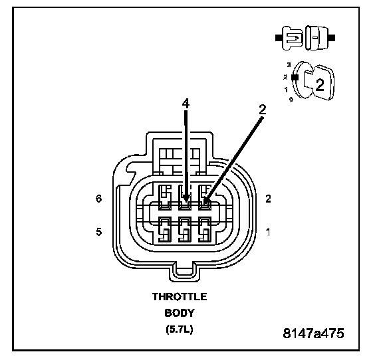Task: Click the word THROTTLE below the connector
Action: pyautogui.click(x=180, y=297)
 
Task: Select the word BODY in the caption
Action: pyautogui.click(x=180, y=313)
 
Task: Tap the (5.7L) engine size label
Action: pyautogui.click(x=180, y=329)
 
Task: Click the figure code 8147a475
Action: pyautogui.click(x=313, y=333)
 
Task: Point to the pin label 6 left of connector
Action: pyautogui.click(x=98, y=199)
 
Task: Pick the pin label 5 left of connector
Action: pyautogui.click(x=98, y=232)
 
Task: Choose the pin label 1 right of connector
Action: pyautogui.click(x=268, y=232)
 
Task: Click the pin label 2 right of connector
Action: pyautogui.click(x=268, y=199)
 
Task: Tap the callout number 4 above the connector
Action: pyautogui.click(x=186, y=104)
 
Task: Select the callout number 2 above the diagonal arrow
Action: pyautogui.click(x=263, y=110)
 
